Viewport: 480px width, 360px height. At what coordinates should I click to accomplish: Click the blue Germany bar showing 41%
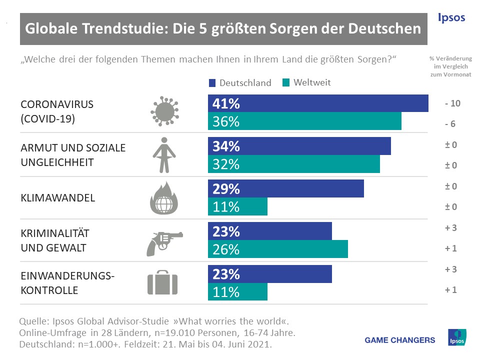[318, 103]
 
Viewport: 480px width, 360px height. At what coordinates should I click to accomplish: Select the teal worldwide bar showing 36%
[304, 121]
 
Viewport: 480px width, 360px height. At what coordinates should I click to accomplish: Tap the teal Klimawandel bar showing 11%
[237, 206]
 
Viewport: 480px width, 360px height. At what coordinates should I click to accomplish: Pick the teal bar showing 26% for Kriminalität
[277, 249]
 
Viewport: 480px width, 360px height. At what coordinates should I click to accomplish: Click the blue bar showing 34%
[299, 146]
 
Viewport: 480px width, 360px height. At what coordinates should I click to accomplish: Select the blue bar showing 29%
[285, 189]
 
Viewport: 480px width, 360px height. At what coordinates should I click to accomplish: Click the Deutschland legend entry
[239, 82]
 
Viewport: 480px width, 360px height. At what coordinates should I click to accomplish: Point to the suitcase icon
[163, 283]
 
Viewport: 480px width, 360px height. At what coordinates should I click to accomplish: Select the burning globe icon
[164, 198]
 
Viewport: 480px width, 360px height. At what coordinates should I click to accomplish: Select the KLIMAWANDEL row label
[58, 198]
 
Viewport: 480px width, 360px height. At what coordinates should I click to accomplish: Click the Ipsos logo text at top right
[451, 18]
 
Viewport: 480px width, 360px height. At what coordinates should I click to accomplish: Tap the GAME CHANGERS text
[400, 340]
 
